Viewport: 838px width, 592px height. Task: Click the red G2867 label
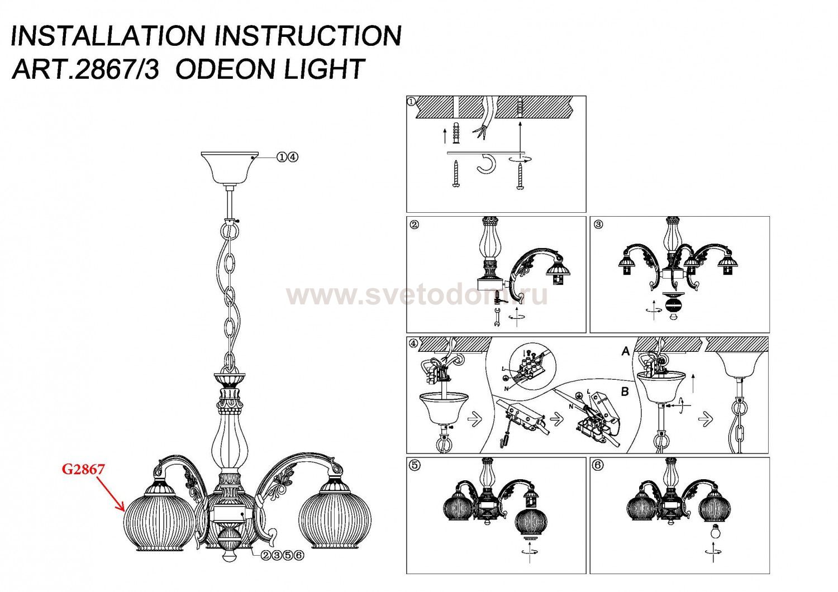point(83,469)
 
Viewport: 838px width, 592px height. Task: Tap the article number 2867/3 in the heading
point(117,69)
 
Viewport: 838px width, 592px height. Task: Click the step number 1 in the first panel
point(411,101)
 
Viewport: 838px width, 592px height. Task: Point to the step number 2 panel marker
point(415,225)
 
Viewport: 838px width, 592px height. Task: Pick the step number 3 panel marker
point(598,225)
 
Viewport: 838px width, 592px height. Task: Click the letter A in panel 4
point(626,351)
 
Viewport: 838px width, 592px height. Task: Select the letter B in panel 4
point(625,392)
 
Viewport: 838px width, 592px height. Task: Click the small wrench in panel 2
point(497,318)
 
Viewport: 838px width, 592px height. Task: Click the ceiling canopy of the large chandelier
point(229,168)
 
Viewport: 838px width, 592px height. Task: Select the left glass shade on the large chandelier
point(160,521)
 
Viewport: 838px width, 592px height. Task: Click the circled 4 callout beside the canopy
point(294,157)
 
